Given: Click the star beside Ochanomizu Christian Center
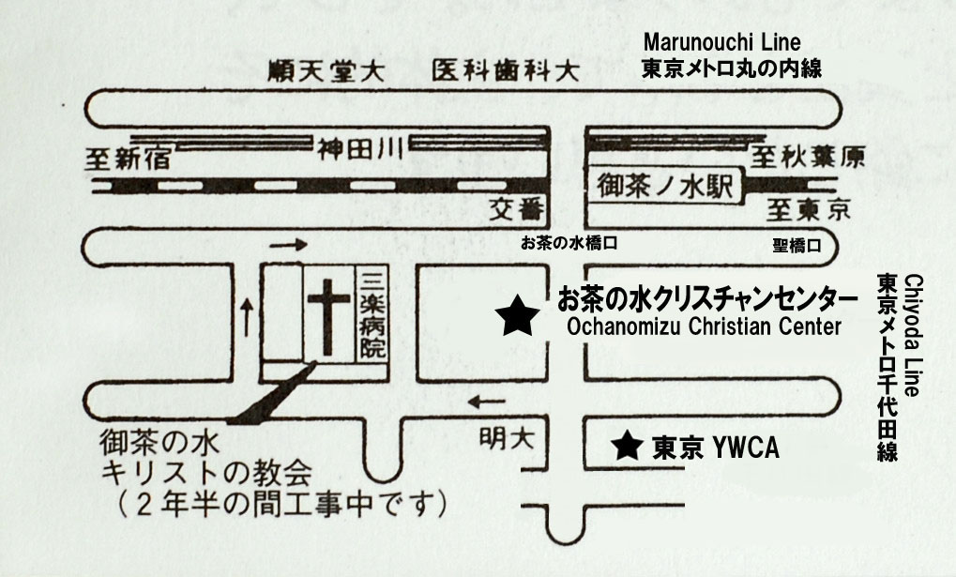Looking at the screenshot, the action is point(517,316).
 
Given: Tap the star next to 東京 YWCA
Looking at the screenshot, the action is point(628,446).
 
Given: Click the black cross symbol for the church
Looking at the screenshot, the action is point(328,316).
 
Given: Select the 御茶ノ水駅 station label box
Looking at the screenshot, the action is point(666,185).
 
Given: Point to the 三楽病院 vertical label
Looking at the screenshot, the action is point(372,314).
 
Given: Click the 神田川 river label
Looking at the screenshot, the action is point(359,149).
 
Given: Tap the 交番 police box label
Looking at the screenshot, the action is point(516,210).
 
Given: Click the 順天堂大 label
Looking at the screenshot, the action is point(326,72).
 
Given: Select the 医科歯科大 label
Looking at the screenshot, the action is point(506,70).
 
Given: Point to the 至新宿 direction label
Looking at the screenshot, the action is point(128,159).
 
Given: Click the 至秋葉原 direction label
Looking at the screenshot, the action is point(807,158).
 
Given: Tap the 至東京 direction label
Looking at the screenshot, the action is point(808,210).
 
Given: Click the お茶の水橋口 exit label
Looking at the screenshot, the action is point(569,243).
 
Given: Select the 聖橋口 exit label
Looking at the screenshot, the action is point(797,246).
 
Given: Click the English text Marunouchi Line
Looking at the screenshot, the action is point(721,42).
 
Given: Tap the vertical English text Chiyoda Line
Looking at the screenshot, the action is point(914,336).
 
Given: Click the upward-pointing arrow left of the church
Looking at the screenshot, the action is point(247,317).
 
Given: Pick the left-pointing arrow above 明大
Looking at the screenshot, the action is point(487,402).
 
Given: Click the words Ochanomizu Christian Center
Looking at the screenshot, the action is point(704,326).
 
